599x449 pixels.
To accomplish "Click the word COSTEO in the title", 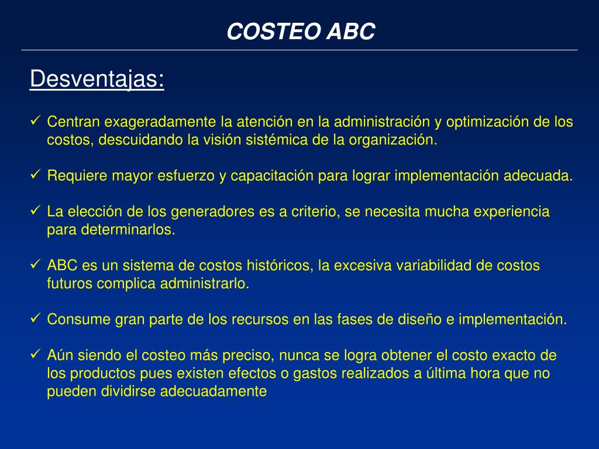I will pos(264,32).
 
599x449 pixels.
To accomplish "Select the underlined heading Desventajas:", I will pos(97,79).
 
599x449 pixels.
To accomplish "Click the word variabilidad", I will pos(433,265).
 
